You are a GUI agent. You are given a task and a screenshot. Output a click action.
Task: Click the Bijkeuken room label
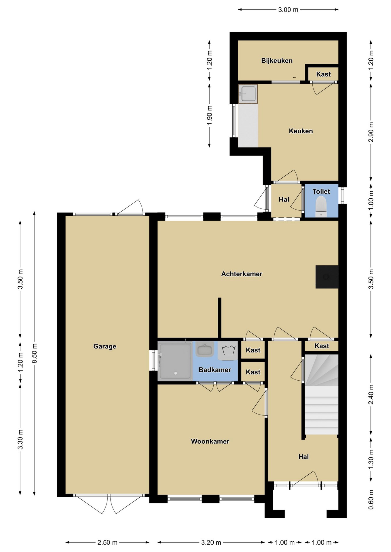(x=277, y=61)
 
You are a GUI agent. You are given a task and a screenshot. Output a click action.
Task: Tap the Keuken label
(x=301, y=131)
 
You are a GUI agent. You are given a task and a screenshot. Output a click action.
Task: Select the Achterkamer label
(x=242, y=274)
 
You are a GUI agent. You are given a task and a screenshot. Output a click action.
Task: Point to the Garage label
(x=105, y=346)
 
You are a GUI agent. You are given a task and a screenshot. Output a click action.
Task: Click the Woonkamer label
(x=210, y=441)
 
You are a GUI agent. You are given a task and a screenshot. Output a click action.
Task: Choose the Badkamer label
(x=215, y=370)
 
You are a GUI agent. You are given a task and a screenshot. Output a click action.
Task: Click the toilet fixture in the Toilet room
(x=321, y=206)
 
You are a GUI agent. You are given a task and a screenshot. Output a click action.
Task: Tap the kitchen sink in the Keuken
(x=248, y=94)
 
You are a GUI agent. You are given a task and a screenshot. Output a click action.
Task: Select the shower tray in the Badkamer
(x=175, y=361)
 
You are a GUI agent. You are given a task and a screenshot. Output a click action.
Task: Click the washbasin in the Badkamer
(x=204, y=349)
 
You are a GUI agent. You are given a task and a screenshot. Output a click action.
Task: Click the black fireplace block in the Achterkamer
(x=327, y=277)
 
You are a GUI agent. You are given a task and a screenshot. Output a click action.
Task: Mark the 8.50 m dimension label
(x=35, y=353)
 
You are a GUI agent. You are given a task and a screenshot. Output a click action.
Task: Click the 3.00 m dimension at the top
(x=288, y=10)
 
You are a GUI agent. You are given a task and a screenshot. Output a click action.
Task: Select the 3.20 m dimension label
(x=211, y=543)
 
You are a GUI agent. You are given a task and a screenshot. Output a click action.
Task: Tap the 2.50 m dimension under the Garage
(x=107, y=543)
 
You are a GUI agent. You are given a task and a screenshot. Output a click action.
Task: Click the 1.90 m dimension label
(x=210, y=115)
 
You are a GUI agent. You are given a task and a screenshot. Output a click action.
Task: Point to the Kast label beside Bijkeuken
(x=323, y=74)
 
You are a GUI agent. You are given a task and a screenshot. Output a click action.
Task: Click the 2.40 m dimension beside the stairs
(x=371, y=394)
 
